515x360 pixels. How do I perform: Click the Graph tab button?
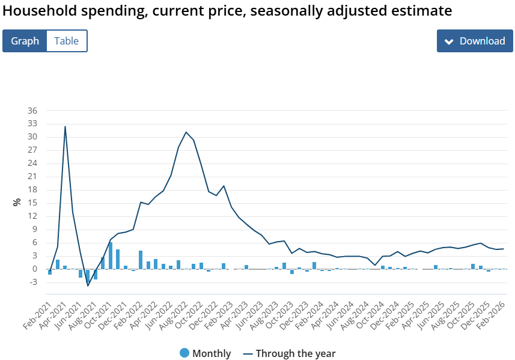pyautogui.click(x=25, y=41)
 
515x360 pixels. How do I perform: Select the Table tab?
pyautogui.click(x=67, y=41)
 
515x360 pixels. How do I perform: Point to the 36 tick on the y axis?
pyautogui.click(x=32, y=111)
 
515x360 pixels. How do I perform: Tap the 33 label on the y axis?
pyautogui.click(x=32, y=124)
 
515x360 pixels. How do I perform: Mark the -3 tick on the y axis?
pyautogui.click(x=32, y=282)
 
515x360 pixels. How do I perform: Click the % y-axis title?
pyautogui.click(x=17, y=202)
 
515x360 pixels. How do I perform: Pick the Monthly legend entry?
pyautogui.click(x=206, y=353)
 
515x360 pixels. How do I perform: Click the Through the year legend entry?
pyautogui.click(x=290, y=353)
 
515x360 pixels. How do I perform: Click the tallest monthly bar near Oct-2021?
pyautogui.click(x=111, y=255)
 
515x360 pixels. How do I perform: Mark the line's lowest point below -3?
pyautogui.click(x=88, y=285)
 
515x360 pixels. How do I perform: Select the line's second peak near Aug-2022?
pyautogui.click(x=186, y=132)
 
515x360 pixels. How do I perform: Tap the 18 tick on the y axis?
pyautogui.click(x=32, y=190)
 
